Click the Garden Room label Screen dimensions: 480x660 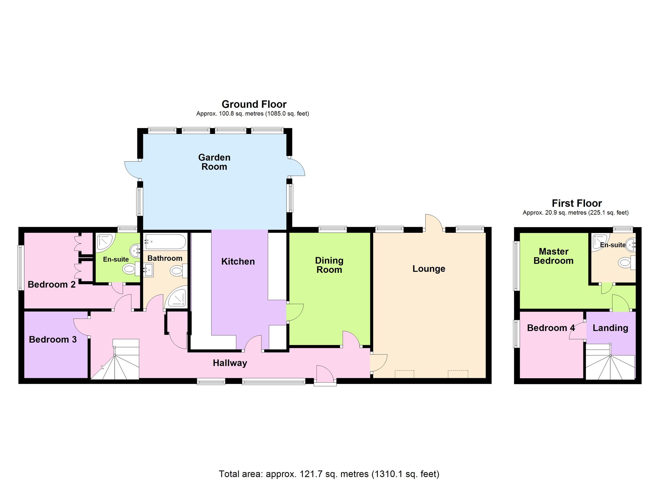[214, 162]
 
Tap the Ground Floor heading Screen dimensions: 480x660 [254, 104]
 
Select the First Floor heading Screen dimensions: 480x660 [576, 203]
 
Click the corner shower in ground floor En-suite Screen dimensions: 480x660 [105, 242]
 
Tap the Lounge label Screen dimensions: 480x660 [429, 269]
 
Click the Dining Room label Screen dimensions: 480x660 [329, 265]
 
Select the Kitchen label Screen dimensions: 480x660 [238, 261]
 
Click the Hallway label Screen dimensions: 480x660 [230, 363]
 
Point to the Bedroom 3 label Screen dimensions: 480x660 [53, 339]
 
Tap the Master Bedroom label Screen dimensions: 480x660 [553, 256]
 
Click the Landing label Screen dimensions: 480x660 [610, 328]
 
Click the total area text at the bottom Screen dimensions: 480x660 [329, 474]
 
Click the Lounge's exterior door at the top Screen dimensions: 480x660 [434, 223]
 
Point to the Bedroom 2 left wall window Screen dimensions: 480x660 [20, 268]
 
